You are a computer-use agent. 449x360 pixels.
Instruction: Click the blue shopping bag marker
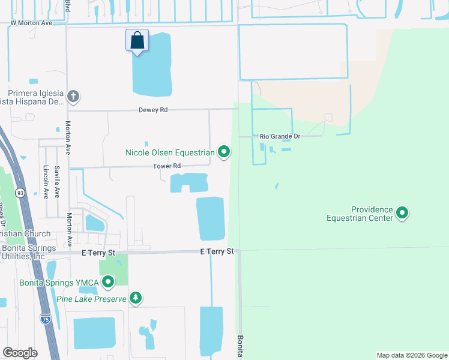click(137, 41)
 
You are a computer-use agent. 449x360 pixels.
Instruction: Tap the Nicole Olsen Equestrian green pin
click(224, 152)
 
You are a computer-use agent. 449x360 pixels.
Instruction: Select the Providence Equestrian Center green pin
click(402, 213)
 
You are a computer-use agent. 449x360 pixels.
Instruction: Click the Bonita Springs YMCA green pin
click(108, 281)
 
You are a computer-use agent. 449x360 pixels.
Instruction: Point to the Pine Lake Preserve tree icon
click(136, 298)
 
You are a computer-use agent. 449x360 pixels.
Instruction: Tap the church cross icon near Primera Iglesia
click(73, 96)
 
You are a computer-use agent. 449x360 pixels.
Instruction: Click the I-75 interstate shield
click(46, 319)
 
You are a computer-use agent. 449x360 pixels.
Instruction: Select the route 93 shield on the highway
click(20, 193)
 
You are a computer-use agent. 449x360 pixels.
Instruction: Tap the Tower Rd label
click(166, 166)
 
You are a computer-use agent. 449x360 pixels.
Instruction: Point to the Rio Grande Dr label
click(279, 137)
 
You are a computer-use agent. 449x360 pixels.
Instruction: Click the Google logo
click(20, 352)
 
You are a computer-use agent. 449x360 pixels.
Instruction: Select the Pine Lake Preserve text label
click(91, 299)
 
